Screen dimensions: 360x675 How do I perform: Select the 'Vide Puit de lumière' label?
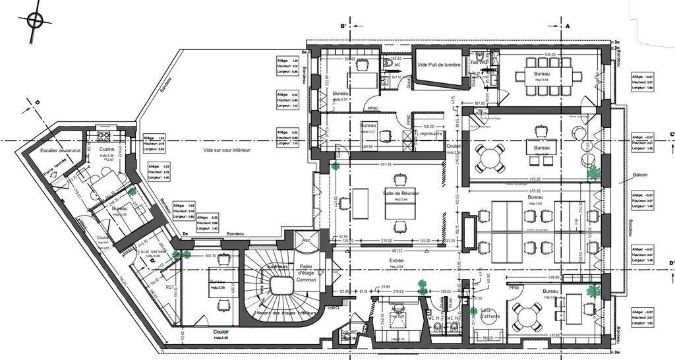point(438,65)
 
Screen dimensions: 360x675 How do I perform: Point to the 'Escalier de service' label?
point(60,150)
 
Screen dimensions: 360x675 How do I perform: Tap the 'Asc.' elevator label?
point(305,241)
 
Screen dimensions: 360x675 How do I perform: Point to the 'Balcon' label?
point(639,175)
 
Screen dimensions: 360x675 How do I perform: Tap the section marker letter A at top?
point(567,26)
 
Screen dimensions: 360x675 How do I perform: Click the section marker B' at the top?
point(343,26)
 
